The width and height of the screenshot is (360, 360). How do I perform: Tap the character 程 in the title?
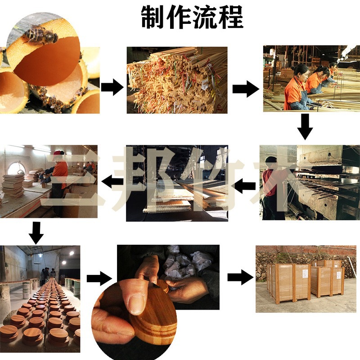[x=230, y=17]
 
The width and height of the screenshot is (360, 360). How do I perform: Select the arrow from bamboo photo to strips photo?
[x=112, y=87]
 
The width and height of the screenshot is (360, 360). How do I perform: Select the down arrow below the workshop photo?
[x=36, y=231]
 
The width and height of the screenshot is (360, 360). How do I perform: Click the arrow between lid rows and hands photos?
[x=98, y=278]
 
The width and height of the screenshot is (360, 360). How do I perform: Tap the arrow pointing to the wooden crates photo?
[x=240, y=278]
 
